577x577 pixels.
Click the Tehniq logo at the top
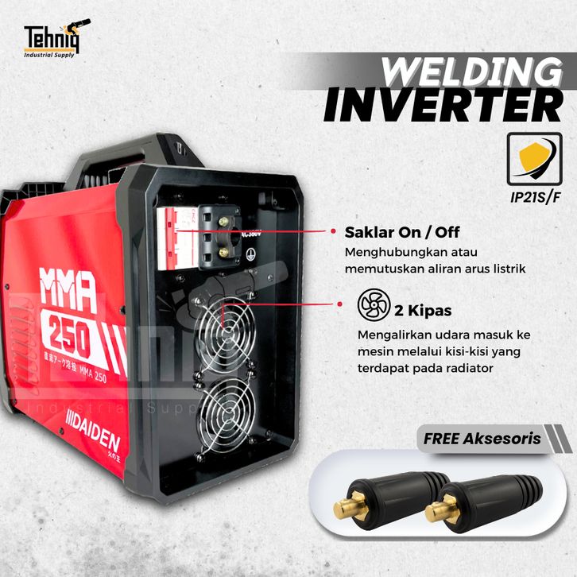coord(56,40)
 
